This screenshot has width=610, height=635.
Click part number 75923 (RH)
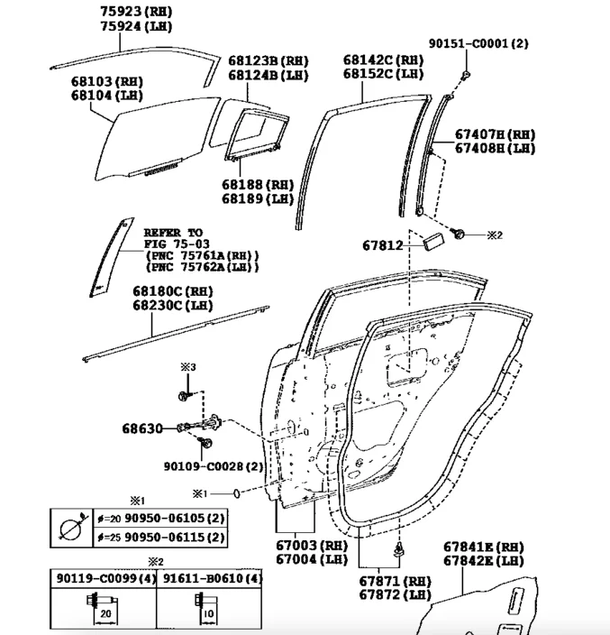coord(136,12)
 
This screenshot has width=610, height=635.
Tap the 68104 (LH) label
coord(107,96)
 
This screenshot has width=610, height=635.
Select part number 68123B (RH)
coord(269,60)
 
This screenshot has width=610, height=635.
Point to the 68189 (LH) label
coord(258,198)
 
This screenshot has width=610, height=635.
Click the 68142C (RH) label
coord(384,60)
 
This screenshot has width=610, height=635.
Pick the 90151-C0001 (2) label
coord(478,43)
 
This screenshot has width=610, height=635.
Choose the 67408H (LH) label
coord(496,148)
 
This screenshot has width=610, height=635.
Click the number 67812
coord(383,245)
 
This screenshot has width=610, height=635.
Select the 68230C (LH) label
coord(173,306)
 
